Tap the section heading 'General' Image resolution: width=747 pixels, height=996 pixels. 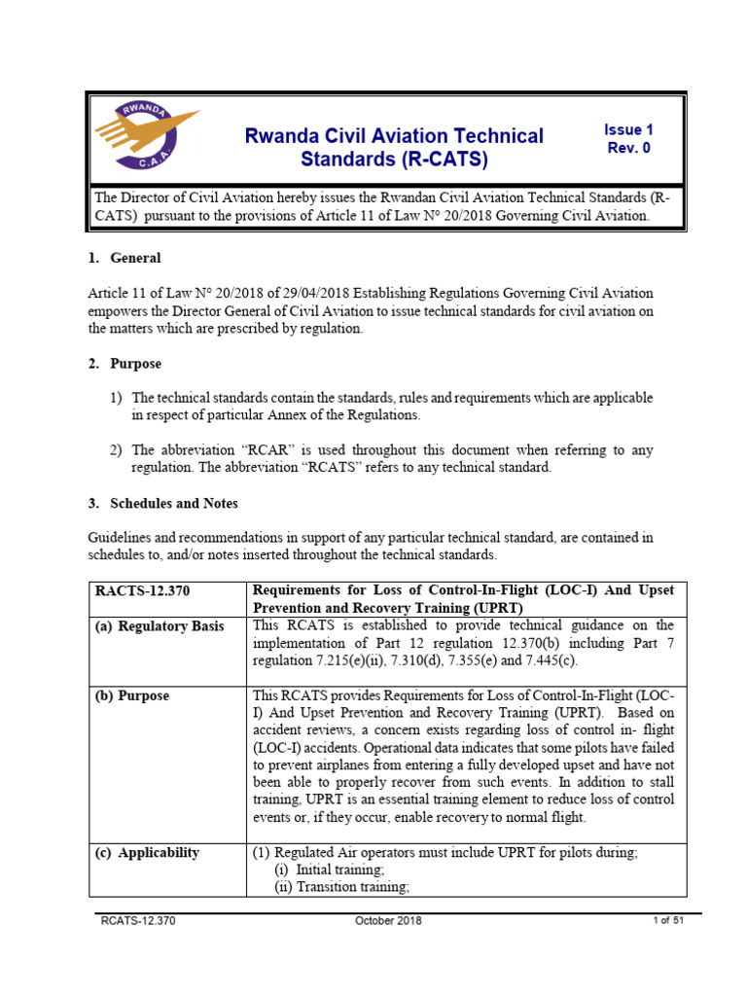136,258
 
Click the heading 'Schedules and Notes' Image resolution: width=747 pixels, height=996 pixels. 174,504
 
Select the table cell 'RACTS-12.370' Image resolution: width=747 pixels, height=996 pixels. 139,591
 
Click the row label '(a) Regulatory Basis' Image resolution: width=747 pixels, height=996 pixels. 159,625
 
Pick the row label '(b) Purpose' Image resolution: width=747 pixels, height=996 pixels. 131,695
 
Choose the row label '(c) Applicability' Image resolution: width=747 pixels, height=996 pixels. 147,853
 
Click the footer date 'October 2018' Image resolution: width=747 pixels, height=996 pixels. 388,921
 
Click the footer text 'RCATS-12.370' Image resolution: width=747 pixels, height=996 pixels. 137,921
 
